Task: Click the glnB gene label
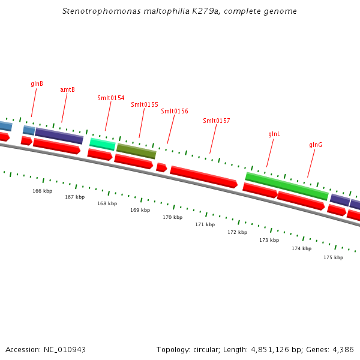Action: click(x=37, y=84)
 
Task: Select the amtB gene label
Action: click(x=67, y=90)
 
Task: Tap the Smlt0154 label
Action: click(x=111, y=98)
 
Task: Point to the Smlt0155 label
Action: click(x=145, y=104)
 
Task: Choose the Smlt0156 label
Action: click(x=175, y=111)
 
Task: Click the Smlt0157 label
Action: click(x=217, y=121)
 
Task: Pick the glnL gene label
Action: click(x=274, y=134)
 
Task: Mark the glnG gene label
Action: click(x=316, y=145)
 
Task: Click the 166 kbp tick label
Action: click(x=42, y=191)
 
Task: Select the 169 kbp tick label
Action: click(x=140, y=210)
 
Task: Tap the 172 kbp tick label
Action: click(x=237, y=232)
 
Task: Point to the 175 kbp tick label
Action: click(x=333, y=257)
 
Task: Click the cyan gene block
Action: click(x=102, y=144)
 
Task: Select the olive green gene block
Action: click(x=136, y=151)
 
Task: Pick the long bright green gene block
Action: click(x=287, y=186)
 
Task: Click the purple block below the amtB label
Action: click(x=59, y=136)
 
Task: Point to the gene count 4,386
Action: click(x=343, y=349)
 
